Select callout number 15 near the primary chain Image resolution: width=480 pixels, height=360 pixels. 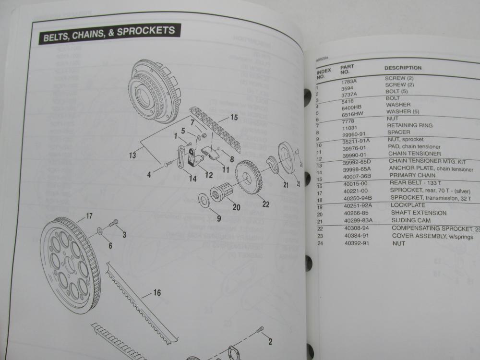click(234, 117)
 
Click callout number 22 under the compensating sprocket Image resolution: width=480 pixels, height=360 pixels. click(265, 204)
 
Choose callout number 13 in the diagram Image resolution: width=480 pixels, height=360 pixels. click(132, 155)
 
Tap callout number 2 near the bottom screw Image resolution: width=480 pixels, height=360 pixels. click(270, 341)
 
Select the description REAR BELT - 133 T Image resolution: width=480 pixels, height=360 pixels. click(414, 183)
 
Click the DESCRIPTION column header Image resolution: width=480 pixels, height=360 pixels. click(403, 68)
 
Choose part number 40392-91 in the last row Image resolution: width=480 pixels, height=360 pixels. click(356, 243)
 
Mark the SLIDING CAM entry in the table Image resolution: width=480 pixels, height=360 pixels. click(411, 221)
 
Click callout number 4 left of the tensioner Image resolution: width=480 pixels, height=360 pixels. click(149, 175)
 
